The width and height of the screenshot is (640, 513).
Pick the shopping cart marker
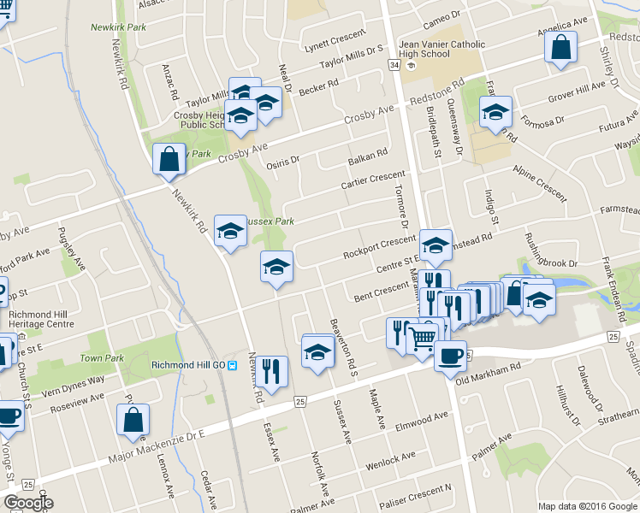click(x=422, y=339)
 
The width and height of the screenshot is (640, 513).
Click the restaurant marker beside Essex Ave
click(x=273, y=372)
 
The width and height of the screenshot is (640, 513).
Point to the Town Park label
click(x=102, y=358)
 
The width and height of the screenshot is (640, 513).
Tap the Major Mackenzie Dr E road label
click(x=157, y=451)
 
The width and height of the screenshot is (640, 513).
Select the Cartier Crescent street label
click(x=371, y=180)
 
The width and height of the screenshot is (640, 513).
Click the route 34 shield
click(x=394, y=65)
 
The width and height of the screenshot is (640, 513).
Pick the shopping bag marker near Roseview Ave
click(x=133, y=420)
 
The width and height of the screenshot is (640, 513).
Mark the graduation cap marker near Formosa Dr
click(x=495, y=112)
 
